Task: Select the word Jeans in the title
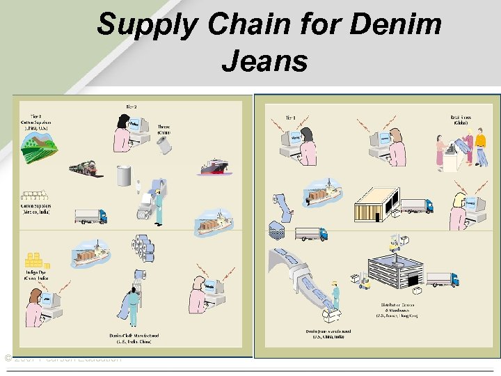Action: [x=264, y=61]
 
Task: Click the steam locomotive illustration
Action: [x=86, y=168]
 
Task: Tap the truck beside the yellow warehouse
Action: [x=417, y=205]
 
